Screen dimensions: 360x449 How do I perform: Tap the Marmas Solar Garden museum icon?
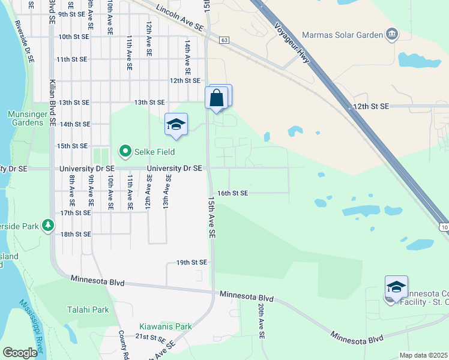[x=393, y=33]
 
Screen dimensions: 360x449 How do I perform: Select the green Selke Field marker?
[x=125, y=151]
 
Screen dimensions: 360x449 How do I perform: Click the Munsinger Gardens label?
[x=26, y=118]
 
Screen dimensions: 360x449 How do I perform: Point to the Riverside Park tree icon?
[x=48, y=226]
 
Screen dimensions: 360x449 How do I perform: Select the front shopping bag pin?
[x=216, y=98]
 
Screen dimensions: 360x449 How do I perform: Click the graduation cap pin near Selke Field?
[x=176, y=124]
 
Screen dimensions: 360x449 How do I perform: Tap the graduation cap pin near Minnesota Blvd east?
[x=396, y=287]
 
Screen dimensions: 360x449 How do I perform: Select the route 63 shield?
[x=224, y=40]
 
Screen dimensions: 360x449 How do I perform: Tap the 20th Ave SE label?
[x=262, y=321]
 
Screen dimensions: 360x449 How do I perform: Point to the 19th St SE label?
[x=191, y=262]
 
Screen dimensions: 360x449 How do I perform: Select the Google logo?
[x=20, y=352]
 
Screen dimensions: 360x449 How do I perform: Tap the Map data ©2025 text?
[x=424, y=355]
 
